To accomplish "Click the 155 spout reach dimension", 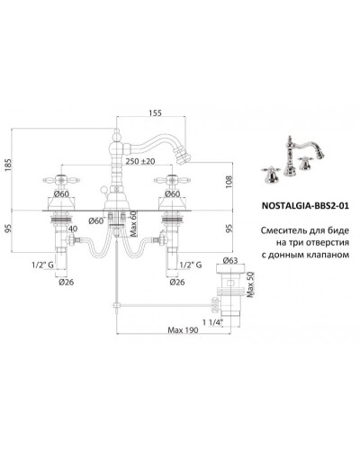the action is click(x=155, y=112).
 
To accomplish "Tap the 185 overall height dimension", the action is click(x=8, y=165).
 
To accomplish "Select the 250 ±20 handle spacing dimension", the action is click(x=140, y=161).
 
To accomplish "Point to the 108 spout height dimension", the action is click(x=229, y=182).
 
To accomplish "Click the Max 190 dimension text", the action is click(x=183, y=330).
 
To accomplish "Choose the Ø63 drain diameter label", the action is click(x=230, y=260).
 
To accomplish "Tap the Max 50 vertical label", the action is click(x=251, y=284).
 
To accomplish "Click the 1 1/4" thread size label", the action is click(x=213, y=322).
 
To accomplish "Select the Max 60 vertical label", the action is click(x=134, y=223).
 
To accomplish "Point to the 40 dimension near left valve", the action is click(x=73, y=229).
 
